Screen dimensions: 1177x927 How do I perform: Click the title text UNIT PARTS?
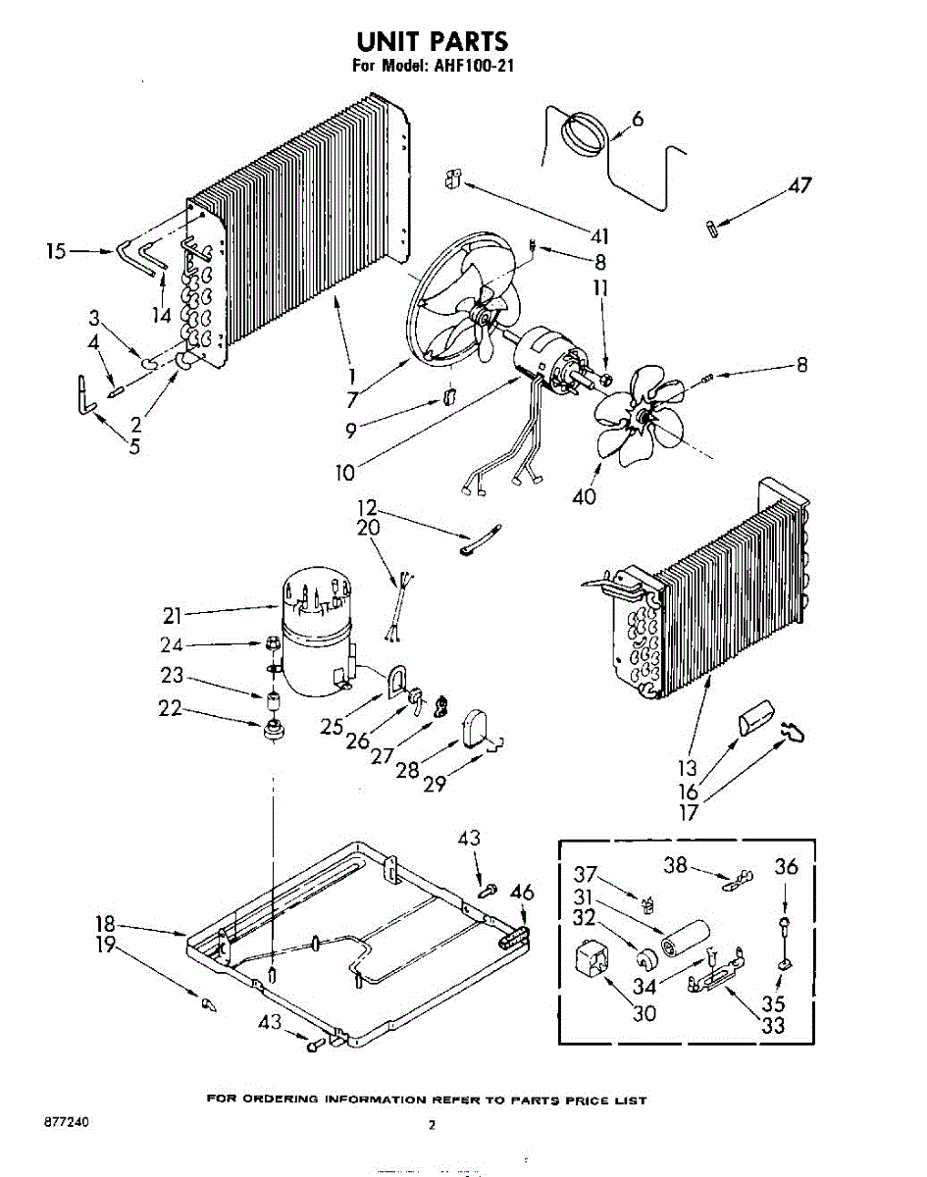(x=432, y=41)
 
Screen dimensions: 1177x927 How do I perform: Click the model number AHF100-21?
(x=472, y=67)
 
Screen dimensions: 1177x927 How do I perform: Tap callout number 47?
(x=801, y=184)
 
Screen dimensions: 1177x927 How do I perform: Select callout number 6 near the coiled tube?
(x=638, y=119)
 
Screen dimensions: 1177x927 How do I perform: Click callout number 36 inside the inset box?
(x=787, y=866)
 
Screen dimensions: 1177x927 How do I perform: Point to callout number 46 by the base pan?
(x=523, y=893)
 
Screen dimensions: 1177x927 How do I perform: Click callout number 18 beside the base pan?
(x=105, y=924)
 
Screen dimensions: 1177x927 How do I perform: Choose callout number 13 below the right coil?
(x=688, y=768)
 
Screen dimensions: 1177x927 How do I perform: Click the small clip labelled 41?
(x=453, y=179)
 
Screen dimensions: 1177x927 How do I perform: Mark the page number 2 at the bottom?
(x=433, y=1126)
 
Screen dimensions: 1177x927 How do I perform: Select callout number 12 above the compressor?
(x=366, y=509)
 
